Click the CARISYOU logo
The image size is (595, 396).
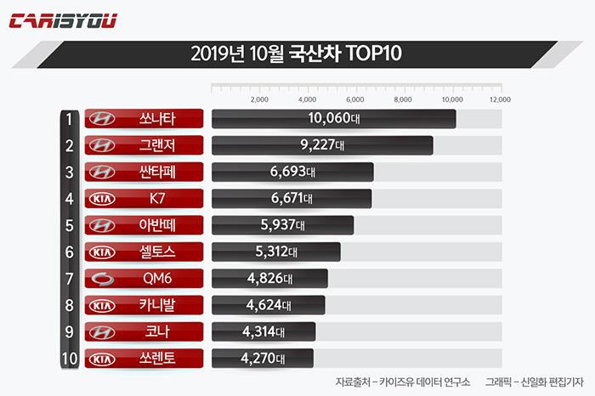click(64, 21)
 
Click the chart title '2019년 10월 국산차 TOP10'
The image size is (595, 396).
click(297, 55)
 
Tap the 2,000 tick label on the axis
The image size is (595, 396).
click(260, 99)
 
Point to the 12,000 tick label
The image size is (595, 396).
click(500, 99)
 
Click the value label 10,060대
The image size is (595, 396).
click(334, 119)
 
